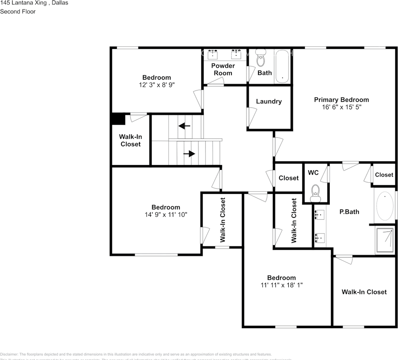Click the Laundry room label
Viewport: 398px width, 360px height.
(269, 101)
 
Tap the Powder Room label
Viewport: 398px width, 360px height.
(223, 69)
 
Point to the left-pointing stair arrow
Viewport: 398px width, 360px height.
(184, 126)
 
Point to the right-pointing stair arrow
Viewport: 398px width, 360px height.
(191, 153)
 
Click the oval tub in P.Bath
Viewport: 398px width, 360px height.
(384, 206)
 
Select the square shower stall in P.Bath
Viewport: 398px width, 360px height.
(384, 241)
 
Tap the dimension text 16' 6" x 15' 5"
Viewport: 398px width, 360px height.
(341, 107)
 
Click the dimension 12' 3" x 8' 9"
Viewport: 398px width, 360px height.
(156, 85)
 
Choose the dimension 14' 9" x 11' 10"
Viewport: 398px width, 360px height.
(165, 214)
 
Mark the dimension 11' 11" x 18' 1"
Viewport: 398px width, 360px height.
(281, 285)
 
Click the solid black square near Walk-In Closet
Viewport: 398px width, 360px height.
(118, 119)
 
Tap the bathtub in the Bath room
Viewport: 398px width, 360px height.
(282, 66)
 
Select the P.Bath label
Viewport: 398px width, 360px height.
(349, 211)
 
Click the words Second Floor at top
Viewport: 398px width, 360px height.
(18, 11)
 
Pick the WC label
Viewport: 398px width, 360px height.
(313, 172)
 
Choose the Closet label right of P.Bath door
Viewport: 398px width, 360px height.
(384, 175)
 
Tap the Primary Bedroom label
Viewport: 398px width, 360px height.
(341, 100)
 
